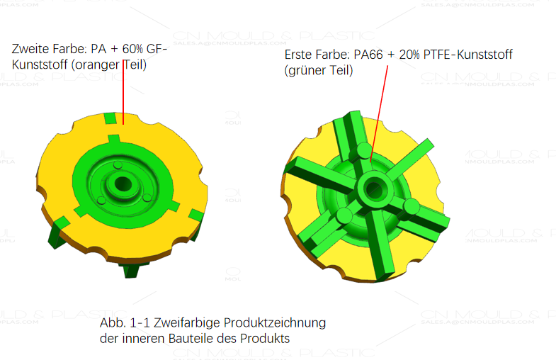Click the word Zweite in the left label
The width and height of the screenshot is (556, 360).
click(x=30, y=50)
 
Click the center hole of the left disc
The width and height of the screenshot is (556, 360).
click(x=123, y=184)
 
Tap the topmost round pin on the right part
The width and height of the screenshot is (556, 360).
click(x=364, y=150)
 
